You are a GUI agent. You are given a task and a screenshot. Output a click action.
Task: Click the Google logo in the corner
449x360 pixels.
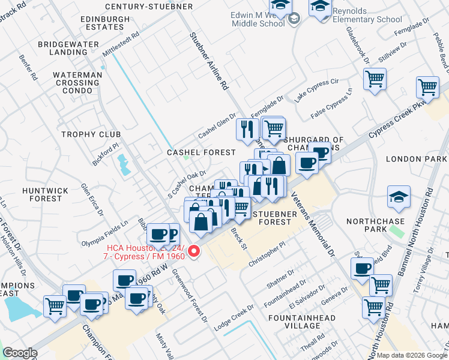(x=20, y=353)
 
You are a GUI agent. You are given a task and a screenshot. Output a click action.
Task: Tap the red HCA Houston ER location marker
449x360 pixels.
(x=194, y=252)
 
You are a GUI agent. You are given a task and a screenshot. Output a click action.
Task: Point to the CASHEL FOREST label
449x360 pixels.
(x=201, y=152)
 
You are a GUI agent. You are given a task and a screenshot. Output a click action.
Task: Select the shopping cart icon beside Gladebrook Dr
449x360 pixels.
(x=375, y=79)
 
